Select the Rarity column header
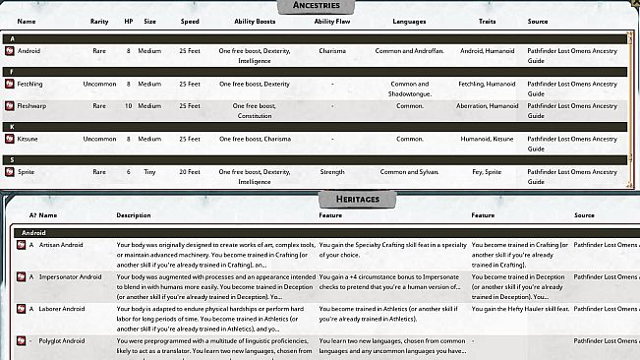99,21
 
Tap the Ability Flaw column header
332,21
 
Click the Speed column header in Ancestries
190,21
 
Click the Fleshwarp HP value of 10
128,105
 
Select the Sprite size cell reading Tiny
149,171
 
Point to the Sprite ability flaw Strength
332,171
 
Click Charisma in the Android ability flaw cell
332,50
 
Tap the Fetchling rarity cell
99,84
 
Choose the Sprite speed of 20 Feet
190,171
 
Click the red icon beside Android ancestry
10,50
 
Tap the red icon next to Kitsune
10,139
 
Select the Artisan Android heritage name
62,244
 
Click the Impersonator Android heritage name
70,276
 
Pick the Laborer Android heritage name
63,309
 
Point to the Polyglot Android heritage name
65,341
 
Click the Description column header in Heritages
134,214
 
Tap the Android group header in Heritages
34,232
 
